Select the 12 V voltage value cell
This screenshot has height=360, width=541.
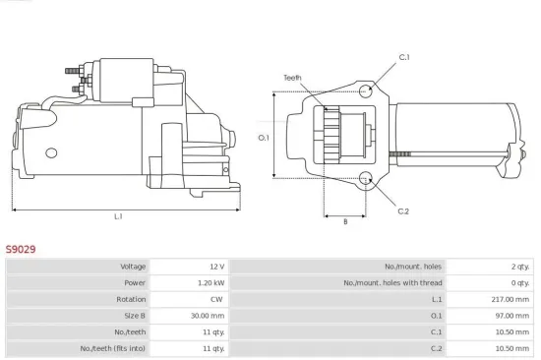[x=215, y=267]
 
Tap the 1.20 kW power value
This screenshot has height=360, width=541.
[x=211, y=282]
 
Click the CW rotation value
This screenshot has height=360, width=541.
[x=217, y=299]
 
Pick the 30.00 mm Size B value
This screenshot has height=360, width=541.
[x=209, y=316]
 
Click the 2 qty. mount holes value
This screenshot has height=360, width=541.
[x=519, y=267]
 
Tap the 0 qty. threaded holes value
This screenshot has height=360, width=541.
[x=519, y=282]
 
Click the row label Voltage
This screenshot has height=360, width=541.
[x=133, y=267]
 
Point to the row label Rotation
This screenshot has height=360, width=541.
[x=131, y=299]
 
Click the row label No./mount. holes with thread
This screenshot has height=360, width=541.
[x=392, y=282]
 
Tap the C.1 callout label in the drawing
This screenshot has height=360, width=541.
[x=403, y=57]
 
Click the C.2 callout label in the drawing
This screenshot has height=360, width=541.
[x=403, y=210]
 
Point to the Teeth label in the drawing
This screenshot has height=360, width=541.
[x=292, y=77]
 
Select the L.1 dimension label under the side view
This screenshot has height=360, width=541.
[x=118, y=216]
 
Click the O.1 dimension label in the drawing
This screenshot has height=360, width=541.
[x=263, y=137]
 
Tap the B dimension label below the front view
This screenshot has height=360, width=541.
[x=344, y=221]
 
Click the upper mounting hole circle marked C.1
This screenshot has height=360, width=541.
[x=366, y=91]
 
